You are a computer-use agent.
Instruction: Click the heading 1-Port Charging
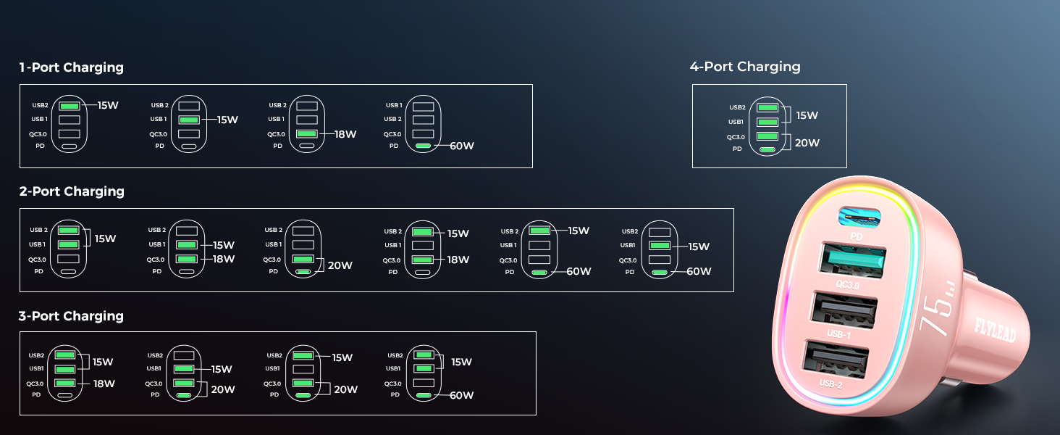(72, 67)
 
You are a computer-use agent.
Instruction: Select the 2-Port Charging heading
(72, 191)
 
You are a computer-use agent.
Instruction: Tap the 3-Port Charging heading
(71, 316)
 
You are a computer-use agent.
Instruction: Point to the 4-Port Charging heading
(745, 67)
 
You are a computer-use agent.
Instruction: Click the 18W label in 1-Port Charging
(345, 134)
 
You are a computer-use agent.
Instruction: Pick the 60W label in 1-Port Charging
(462, 146)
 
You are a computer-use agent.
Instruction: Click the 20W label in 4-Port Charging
(807, 143)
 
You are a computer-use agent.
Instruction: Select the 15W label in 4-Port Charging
(807, 115)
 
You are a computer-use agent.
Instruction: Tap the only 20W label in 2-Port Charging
(340, 265)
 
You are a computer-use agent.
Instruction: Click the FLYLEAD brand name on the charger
(995, 330)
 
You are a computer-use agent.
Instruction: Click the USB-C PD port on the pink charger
(859, 217)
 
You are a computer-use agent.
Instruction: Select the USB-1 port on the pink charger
(844, 310)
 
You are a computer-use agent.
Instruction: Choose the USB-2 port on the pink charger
(836, 360)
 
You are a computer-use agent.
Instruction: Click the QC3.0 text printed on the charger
(847, 285)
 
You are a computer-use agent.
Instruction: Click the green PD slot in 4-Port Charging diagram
(767, 150)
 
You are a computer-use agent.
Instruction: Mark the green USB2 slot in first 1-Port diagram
(69, 106)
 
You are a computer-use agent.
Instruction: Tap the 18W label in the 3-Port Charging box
(104, 384)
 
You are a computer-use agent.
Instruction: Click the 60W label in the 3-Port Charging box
(461, 395)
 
